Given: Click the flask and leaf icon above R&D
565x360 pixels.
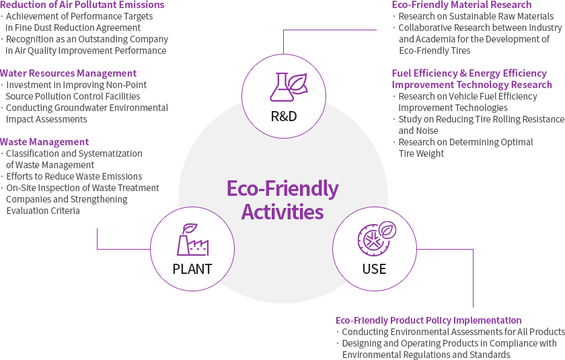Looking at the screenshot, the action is [289, 87].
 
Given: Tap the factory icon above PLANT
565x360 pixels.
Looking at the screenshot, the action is [193, 240].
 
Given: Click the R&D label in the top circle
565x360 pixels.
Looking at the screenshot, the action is [284, 116].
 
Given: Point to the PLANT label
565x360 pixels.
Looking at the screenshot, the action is [192, 269].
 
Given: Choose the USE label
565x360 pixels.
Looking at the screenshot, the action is [375, 269].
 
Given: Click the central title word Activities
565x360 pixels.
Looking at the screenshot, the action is [282, 211].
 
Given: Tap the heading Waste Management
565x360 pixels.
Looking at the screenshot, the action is [44, 142].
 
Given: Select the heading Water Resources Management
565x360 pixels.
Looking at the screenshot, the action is [68, 73].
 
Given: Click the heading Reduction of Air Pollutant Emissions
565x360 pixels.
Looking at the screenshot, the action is [82, 5].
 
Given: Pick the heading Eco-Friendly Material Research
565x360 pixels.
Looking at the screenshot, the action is [461, 5].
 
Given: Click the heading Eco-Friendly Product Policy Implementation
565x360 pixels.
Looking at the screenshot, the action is [428, 320].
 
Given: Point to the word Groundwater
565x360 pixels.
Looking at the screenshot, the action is [82, 108].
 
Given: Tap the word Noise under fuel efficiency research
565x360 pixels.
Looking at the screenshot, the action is [427, 131].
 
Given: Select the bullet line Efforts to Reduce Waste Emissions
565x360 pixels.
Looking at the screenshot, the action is [74, 176].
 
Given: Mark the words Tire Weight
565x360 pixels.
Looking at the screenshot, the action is [421, 153].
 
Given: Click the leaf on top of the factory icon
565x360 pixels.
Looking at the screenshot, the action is [190, 229].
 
